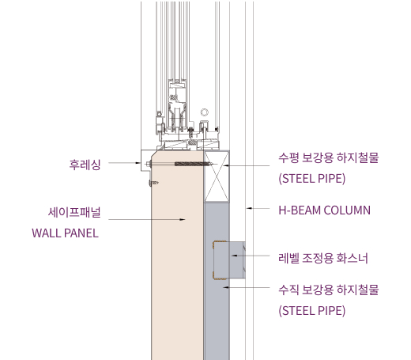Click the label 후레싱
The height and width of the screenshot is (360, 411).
[85, 165]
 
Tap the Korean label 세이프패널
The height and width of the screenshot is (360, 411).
[74, 212]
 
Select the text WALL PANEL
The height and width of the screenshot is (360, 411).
[65, 233]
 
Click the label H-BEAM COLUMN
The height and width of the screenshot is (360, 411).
[325, 210]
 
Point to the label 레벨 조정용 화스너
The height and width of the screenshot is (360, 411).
[323, 258]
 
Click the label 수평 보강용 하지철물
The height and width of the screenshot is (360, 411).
[329, 157]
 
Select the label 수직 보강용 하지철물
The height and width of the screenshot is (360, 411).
[329, 290]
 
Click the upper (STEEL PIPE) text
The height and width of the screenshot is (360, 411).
[312, 179]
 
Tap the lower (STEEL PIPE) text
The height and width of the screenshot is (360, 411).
[312, 310]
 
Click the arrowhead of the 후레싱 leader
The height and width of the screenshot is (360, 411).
[138, 163]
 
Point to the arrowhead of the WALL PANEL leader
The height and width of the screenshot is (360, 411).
[183, 219]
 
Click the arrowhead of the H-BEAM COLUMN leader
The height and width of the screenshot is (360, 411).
[249, 208]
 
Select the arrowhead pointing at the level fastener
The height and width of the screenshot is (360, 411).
[234, 256]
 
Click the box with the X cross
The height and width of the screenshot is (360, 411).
[217, 176]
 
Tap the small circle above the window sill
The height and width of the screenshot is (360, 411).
[205, 112]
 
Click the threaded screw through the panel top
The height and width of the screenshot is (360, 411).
[194, 164]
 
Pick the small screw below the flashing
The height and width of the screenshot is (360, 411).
[154, 183]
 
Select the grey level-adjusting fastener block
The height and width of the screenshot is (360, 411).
[229, 260]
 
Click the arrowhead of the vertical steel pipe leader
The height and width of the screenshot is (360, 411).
[226, 287]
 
